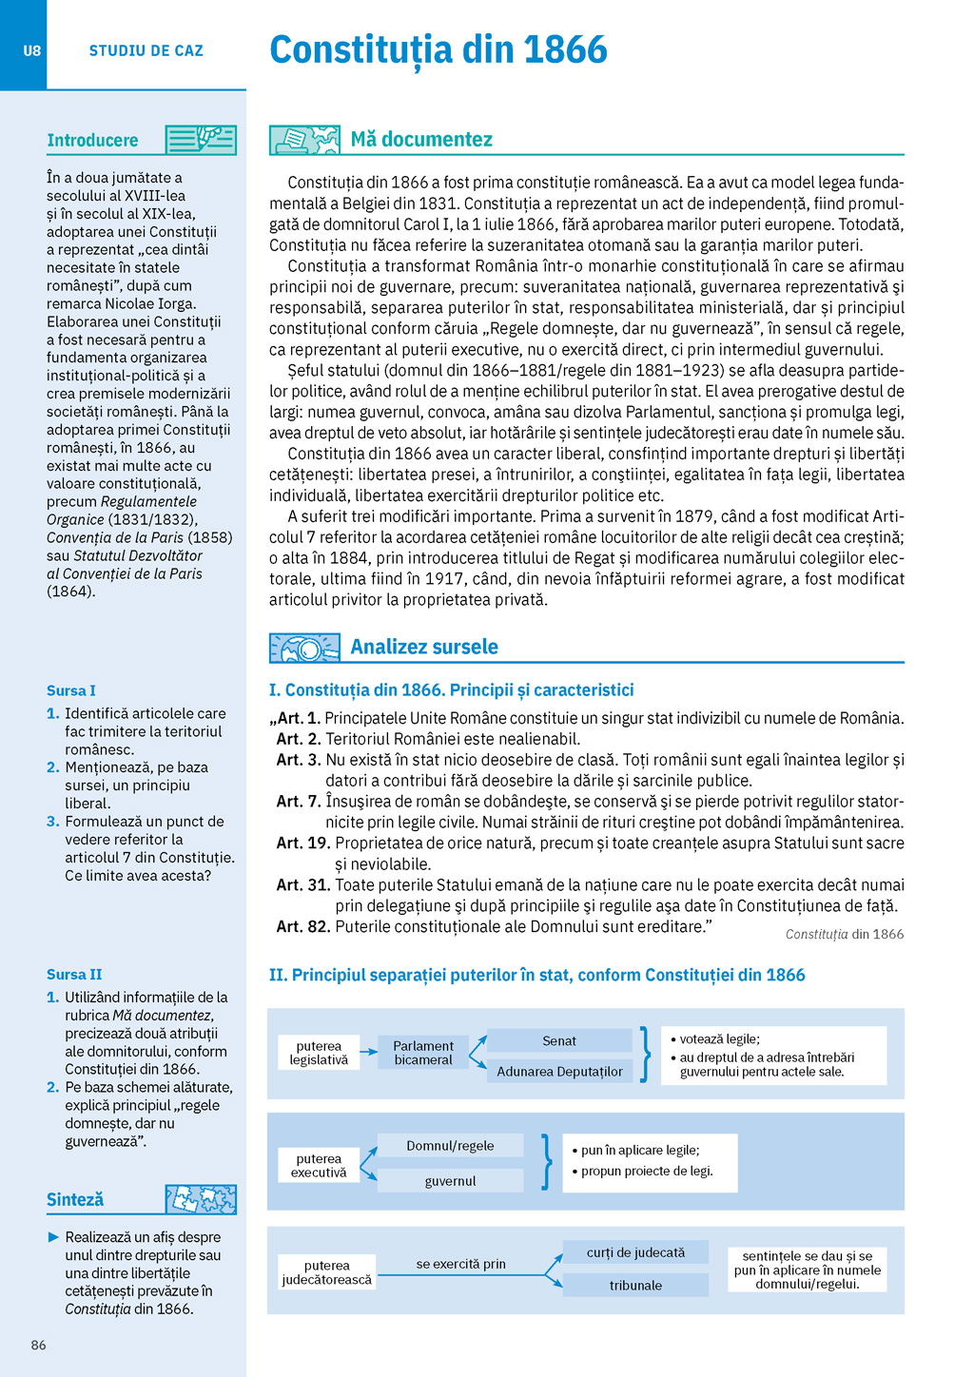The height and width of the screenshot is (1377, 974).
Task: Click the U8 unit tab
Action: coord(32,50)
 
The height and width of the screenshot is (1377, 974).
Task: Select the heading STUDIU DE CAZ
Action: coord(146,50)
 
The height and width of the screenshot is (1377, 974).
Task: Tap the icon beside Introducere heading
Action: coord(201,140)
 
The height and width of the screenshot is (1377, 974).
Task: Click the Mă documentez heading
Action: coord(421,140)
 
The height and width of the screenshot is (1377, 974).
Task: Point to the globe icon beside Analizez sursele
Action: coord(304,648)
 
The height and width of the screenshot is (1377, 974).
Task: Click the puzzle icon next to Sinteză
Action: coord(201,1199)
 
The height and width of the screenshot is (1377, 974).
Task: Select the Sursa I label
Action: coord(71,690)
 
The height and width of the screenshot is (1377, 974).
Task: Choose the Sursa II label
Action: coord(74,974)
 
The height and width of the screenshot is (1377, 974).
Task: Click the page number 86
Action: coord(38,1345)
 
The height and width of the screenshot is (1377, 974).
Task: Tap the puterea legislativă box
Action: coord(319,1053)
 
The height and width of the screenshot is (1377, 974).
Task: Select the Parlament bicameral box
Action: coord(423,1053)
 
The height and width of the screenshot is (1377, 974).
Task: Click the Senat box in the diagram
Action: coord(559,1040)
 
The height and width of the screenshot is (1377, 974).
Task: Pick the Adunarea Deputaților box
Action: coord(559,1072)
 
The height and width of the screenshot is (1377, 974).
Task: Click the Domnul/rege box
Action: coord(450,1146)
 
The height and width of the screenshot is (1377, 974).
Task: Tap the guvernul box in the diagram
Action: coord(450,1181)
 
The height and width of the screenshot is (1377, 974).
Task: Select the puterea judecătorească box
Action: coord(327,1272)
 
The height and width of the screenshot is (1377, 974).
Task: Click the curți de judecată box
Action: coord(635,1252)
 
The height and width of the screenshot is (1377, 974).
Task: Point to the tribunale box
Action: coord(635,1286)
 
